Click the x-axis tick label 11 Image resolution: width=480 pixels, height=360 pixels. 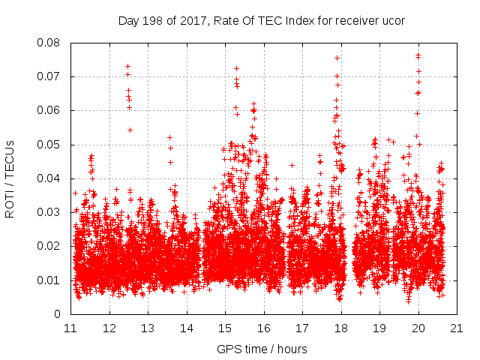(70, 328)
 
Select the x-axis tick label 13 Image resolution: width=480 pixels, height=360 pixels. (148, 328)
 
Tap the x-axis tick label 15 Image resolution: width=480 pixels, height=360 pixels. (225, 328)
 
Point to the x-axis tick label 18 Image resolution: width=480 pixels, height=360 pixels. (340, 328)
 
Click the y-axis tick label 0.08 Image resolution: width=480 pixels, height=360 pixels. (49, 43)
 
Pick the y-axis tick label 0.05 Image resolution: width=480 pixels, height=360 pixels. (49, 145)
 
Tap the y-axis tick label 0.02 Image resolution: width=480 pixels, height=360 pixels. (49, 246)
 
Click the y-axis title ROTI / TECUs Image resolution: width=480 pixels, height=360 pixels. (10, 178)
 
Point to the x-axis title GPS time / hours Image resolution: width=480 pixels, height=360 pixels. (263, 349)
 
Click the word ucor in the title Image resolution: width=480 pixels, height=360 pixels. (393, 21)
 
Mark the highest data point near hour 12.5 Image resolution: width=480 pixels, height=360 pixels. (127, 66)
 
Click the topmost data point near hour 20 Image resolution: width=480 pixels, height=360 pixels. (418, 55)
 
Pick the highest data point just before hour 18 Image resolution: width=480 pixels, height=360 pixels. (337, 58)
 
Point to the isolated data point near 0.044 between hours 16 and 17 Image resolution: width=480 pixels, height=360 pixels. (292, 165)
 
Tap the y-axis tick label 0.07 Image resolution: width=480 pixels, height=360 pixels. (49, 76)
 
